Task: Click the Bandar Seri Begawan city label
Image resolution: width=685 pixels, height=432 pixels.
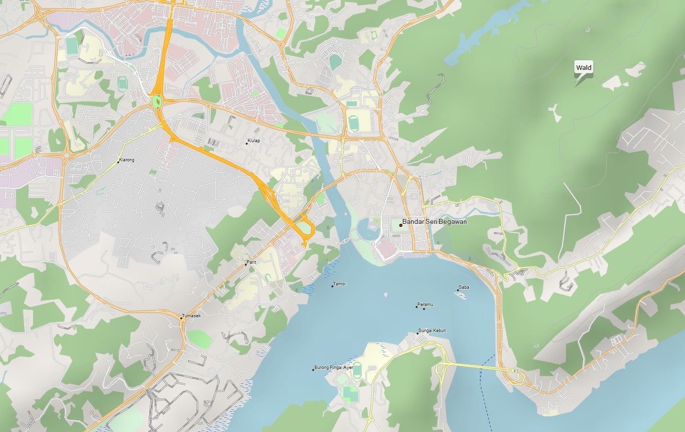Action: [434, 222]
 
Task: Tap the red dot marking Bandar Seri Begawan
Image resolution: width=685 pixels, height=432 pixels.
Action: [400, 225]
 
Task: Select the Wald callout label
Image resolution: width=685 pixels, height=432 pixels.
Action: [584, 68]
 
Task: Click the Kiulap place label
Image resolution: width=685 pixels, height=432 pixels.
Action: [254, 141]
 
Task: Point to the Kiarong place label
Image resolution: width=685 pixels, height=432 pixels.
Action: [127, 160]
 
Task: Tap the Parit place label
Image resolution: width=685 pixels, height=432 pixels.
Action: [252, 262]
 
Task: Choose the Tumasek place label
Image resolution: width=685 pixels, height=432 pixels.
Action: [192, 316]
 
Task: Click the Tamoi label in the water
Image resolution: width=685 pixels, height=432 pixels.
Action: [339, 284]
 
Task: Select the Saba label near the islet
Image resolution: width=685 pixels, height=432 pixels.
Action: [464, 287]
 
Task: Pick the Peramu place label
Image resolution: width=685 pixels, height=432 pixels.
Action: [425, 305]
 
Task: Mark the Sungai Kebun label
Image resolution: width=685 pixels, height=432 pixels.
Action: [432, 331]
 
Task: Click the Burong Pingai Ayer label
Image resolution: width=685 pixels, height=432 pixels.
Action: [334, 368]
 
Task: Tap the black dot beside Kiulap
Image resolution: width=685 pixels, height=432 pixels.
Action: [247, 143]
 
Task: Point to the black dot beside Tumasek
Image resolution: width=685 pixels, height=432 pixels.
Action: [181, 318]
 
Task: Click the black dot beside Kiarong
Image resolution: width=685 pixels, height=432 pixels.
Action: [118, 162]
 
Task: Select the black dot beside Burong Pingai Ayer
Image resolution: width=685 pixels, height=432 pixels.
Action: [313, 370]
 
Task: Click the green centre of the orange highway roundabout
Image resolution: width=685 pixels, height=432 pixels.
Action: [157, 102]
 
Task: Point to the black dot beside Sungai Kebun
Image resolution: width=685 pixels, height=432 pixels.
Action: [418, 333]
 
